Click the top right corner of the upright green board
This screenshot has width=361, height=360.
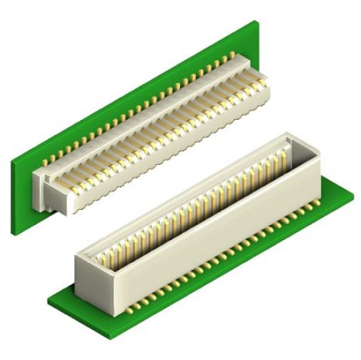pyautogui.click(x=253, y=22)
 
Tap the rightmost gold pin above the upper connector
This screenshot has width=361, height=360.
pyautogui.click(x=233, y=55)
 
